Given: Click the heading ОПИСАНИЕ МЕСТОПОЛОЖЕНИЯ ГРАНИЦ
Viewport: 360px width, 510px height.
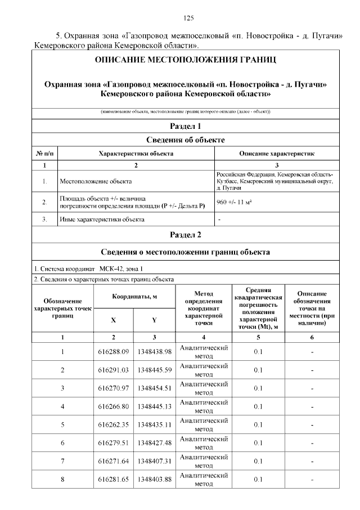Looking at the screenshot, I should (185, 60).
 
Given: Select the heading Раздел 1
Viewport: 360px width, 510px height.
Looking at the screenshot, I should (185, 126).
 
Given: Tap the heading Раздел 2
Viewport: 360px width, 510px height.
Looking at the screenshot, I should (185, 235).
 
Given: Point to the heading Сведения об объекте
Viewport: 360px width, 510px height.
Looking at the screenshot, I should (185, 140).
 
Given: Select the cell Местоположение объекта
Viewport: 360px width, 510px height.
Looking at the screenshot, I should (96, 182).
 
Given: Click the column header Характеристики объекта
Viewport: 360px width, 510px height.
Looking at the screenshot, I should (136, 153).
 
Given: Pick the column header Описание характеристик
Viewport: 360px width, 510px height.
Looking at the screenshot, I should (276, 153).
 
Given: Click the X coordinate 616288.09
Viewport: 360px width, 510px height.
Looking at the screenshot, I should (114, 352).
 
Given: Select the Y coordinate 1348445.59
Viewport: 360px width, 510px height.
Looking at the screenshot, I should (154, 370).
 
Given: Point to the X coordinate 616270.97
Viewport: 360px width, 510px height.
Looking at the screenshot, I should (114, 388).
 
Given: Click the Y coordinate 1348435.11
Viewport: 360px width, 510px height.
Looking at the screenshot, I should (154, 424).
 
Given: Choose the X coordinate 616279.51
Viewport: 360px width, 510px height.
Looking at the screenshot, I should (114, 443).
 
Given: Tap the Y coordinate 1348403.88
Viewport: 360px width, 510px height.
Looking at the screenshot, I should (154, 479).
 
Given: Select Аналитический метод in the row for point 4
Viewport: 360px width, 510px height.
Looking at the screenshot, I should (204, 406).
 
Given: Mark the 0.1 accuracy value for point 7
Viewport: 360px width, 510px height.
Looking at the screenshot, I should (258, 461).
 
